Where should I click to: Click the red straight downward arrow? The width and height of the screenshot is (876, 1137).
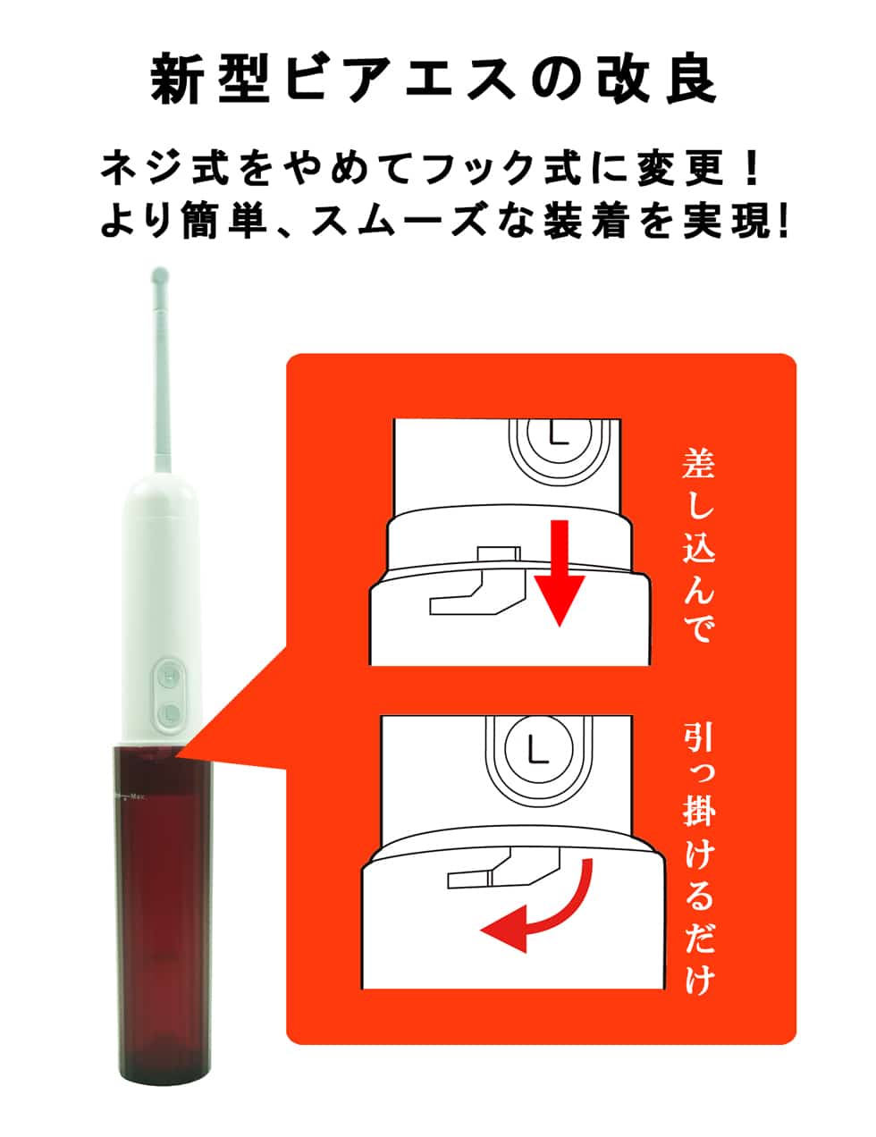point(559,573)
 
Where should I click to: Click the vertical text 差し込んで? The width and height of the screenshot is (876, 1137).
point(698,544)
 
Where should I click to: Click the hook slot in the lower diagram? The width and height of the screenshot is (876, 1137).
point(503,868)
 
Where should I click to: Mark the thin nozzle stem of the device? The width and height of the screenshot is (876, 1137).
point(161,382)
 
